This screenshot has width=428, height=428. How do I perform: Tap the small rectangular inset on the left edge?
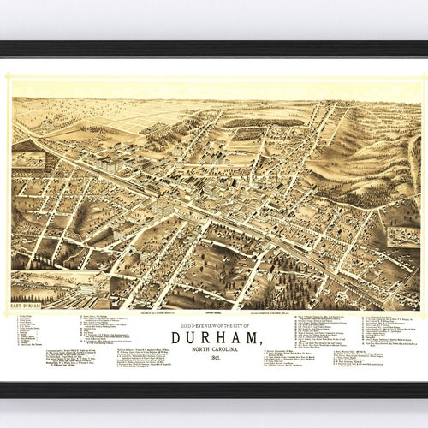coord(28,159)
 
